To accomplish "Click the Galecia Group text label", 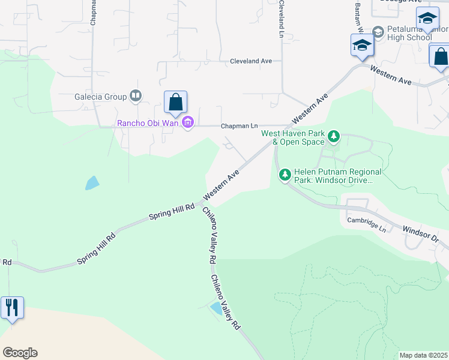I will pos(100,96).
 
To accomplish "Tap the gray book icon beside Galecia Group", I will pos(136,96).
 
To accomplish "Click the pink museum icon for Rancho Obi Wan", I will pos(188,124).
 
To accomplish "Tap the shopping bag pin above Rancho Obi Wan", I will pos(175,103).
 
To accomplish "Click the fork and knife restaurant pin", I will pos(13,308).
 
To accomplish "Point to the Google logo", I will pos(20,353).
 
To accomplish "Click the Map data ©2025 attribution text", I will pos(423,355).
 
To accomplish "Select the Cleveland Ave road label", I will pos(252,61).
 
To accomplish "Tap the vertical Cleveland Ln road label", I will pos(280,19).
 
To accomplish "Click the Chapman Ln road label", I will pos(239,126).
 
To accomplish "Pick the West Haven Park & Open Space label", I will pos(293,137).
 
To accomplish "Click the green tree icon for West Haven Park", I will pos(334,138).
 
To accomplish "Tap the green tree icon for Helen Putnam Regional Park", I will pos(285,175).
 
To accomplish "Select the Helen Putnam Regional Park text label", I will pos(333,175).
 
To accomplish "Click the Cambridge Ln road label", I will pos(366,223).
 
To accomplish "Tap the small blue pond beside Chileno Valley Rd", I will pos(215,308).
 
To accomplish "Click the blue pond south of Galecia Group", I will pos(92,182).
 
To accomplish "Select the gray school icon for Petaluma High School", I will pos(378,31).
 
